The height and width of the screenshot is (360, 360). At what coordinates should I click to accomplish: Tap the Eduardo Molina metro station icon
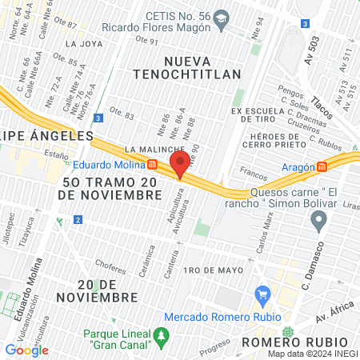coord(152,166)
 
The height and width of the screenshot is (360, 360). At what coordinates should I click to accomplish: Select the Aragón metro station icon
coord(322,166)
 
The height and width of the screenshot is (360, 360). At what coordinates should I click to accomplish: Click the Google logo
coord(26,350)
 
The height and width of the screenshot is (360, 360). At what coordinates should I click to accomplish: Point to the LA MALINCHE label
coord(150,150)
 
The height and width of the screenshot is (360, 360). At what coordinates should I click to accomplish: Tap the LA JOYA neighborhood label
coord(83,44)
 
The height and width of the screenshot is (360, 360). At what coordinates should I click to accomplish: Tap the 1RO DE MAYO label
coord(212,270)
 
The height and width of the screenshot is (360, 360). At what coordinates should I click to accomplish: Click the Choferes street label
coord(110,261)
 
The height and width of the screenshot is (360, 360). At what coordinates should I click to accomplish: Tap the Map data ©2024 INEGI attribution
coord(312,354)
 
